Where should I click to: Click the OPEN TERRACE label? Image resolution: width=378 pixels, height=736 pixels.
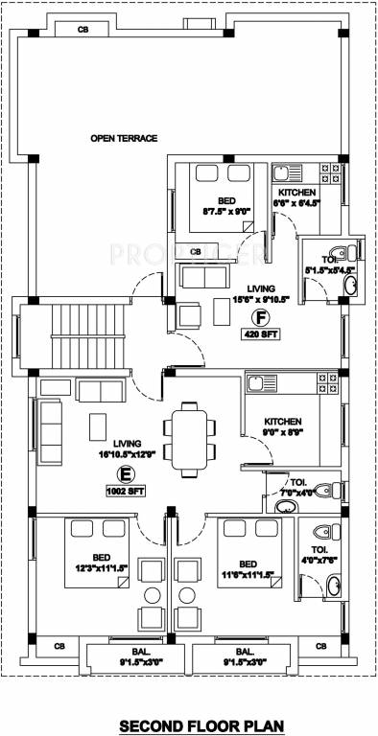pos(124,138)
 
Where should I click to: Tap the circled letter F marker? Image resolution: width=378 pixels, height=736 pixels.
pos(256,316)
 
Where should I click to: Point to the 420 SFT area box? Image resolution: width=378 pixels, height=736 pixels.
pos(256,334)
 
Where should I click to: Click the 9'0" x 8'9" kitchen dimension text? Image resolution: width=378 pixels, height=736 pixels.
pos(283,432)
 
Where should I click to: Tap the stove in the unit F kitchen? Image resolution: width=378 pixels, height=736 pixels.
pos(328,174)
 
